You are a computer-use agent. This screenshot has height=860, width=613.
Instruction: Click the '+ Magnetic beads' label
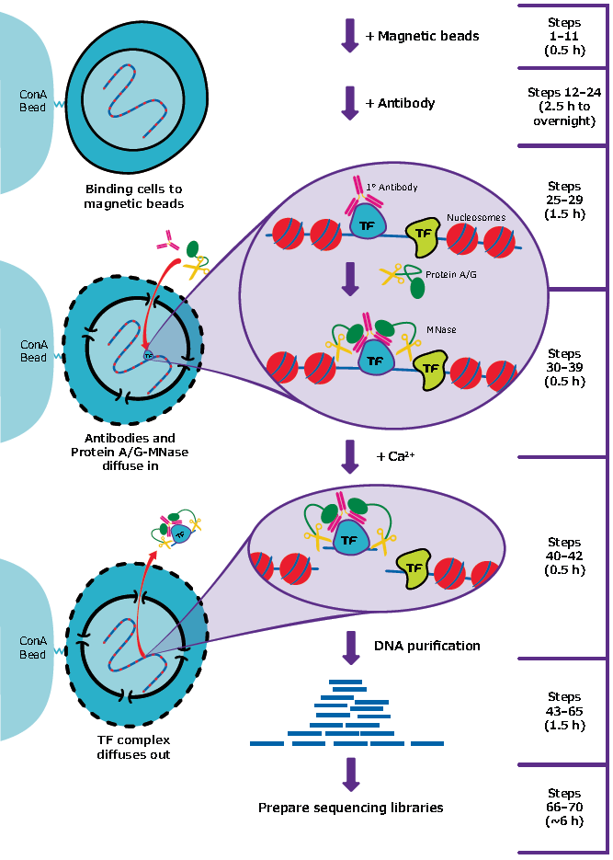(422, 36)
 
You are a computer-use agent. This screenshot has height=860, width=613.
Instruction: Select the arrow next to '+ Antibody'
(349, 102)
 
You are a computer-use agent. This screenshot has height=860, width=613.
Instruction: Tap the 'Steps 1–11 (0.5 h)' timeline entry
(563, 36)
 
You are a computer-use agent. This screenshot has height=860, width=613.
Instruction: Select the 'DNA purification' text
(426, 646)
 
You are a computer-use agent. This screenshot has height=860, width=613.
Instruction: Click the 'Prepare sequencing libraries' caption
(350, 808)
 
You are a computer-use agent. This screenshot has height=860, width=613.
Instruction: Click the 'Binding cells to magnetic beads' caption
(133, 196)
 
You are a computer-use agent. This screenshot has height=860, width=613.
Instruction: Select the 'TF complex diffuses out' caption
(133, 747)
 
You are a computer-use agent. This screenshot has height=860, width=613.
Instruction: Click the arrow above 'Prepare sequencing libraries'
(349, 774)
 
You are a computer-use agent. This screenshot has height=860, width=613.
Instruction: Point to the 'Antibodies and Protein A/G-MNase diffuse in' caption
(123, 453)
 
